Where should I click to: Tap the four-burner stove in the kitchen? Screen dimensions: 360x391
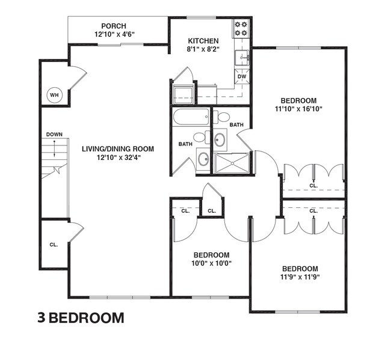coord(241,28)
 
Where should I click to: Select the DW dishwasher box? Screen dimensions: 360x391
coord(242,77)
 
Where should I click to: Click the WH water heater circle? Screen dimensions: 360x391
coord(54,94)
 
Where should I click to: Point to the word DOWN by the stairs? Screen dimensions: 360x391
coord(54,135)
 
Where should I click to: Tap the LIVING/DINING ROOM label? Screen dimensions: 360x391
coord(118,148)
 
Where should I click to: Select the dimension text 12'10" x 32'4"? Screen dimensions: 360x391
coord(118,157)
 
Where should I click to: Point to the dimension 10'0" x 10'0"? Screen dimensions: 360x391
coord(211,263)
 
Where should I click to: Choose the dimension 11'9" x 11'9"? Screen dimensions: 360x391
coord(298,277)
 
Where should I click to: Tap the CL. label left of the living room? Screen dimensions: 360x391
coord(54,245)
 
